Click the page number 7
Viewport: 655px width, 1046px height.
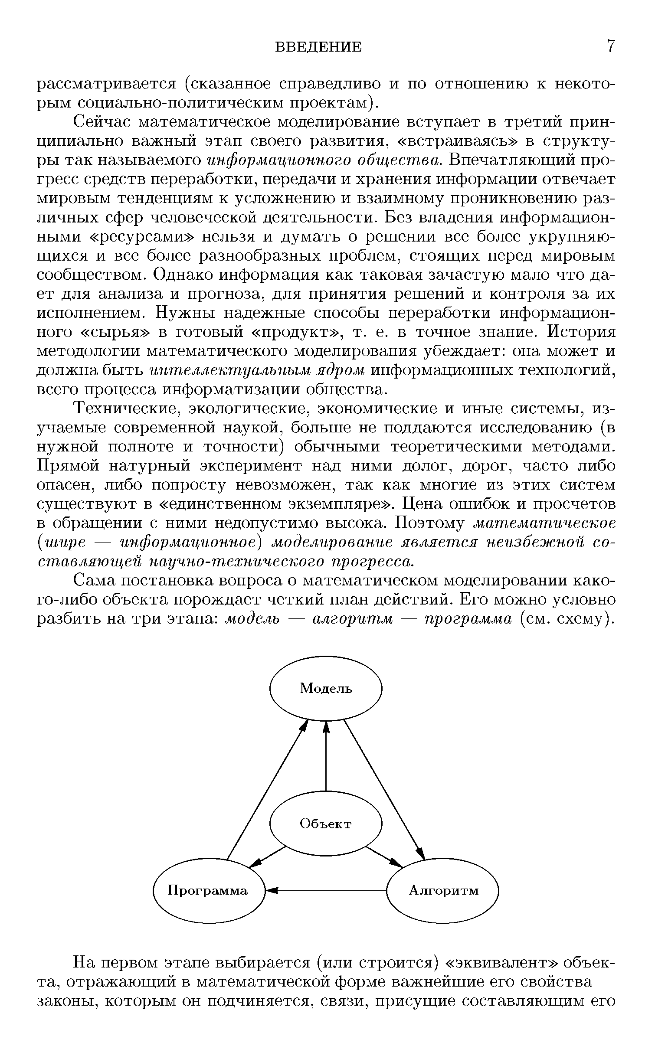[x=611, y=46]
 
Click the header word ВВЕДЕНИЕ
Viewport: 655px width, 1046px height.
[x=319, y=47]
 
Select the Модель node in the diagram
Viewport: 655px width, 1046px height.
[x=326, y=688]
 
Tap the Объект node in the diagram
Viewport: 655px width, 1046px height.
[x=326, y=824]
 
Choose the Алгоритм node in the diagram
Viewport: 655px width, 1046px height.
[x=443, y=891]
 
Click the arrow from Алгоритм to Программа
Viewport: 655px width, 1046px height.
[x=325, y=891]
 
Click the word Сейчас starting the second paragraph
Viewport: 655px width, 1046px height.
[x=101, y=122]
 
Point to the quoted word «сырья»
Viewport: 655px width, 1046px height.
[x=116, y=333]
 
